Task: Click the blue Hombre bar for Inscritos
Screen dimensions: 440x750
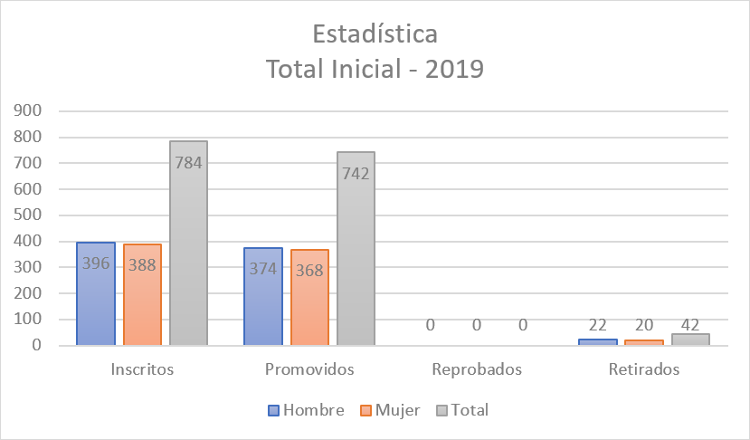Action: [x=95, y=294]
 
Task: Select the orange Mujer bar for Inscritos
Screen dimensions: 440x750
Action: [x=142, y=295]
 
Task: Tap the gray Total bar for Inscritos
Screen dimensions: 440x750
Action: [x=188, y=244]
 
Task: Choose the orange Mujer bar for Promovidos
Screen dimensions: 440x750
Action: [x=309, y=298]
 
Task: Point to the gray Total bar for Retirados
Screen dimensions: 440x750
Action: [x=690, y=340]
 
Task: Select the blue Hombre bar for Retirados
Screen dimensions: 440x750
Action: [x=597, y=342]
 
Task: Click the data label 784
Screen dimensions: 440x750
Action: [x=188, y=163]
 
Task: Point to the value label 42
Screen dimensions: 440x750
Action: [x=690, y=326]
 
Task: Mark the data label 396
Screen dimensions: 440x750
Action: [x=95, y=264]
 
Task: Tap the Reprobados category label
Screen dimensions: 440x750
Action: [x=477, y=369]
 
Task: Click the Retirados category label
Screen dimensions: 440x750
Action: [x=644, y=369]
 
